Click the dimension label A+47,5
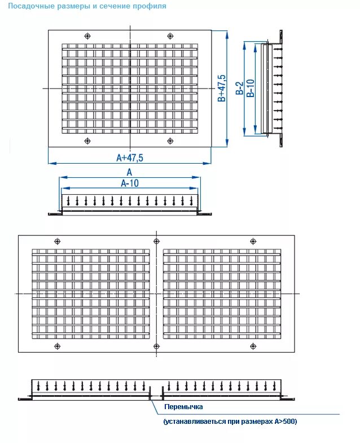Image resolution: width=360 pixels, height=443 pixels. pyautogui.click(x=130, y=157)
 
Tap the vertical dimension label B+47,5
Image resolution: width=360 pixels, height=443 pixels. pyautogui.click(x=222, y=88)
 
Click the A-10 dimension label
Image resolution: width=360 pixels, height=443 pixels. pyautogui.click(x=130, y=183)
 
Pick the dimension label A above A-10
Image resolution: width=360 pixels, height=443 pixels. pyautogui.click(x=129, y=172)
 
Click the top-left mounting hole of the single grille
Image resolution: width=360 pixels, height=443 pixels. pyautogui.click(x=87, y=36)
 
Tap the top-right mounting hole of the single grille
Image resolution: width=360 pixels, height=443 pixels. pyautogui.click(x=170, y=36)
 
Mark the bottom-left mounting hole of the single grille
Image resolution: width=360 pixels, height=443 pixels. pyautogui.click(x=87, y=141)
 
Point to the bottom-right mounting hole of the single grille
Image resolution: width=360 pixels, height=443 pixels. pyautogui.click(x=170, y=141)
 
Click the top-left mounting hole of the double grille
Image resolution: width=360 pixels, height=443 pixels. pyautogui.click(x=56, y=241)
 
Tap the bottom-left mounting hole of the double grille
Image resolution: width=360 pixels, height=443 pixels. pyautogui.click(x=56, y=345)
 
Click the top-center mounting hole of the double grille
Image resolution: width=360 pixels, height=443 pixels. pyautogui.click(x=155, y=241)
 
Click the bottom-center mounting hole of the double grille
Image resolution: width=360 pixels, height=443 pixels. pyautogui.click(x=155, y=345)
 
